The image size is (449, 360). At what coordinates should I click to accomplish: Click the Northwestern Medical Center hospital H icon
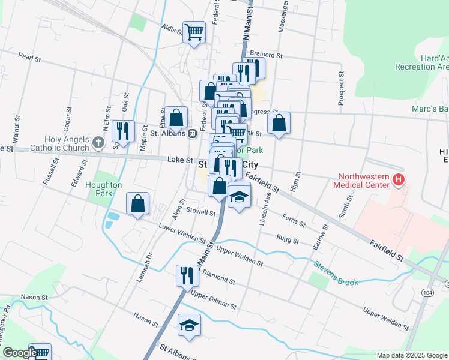pos(397,179)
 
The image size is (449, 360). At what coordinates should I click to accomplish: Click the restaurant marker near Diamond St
pos(187,275)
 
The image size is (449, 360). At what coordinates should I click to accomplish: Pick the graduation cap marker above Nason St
pos(190,325)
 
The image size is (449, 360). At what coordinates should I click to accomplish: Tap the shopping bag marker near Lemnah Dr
pos(138,203)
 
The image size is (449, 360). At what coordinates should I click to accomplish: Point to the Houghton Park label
pos(103,190)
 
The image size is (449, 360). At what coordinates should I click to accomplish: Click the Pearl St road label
pos(29,59)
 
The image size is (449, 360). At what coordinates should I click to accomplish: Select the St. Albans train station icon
pos(193,134)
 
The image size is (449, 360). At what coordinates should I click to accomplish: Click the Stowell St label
pos(200,212)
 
